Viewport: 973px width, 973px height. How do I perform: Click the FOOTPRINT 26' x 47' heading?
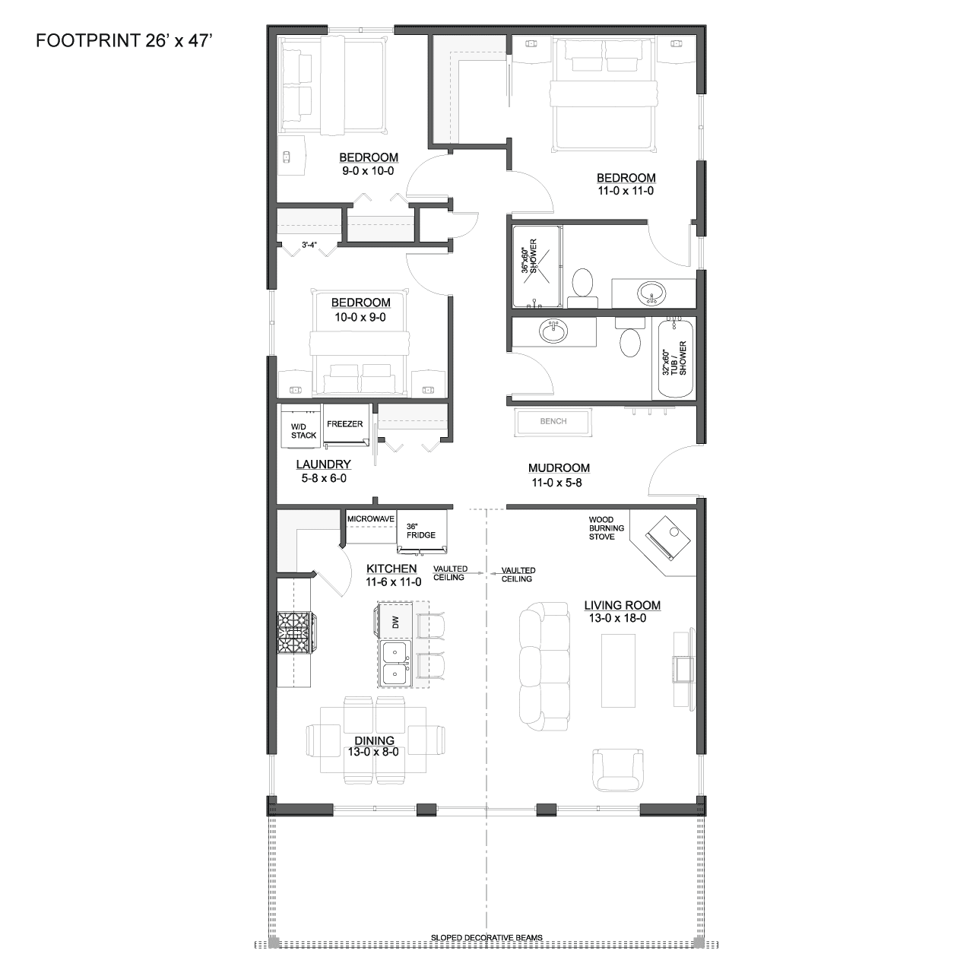(x=124, y=40)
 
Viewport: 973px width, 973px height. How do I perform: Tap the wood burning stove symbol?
(x=667, y=537)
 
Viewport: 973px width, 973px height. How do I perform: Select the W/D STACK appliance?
(x=301, y=426)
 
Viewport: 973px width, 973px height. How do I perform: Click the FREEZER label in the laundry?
(x=345, y=424)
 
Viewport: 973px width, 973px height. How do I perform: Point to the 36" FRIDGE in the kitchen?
(x=422, y=531)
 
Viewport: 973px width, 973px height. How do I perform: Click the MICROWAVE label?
(x=371, y=518)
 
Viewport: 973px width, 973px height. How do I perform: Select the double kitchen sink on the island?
(x=396, y=664)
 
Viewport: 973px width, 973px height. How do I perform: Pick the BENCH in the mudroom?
(x=553, y=422)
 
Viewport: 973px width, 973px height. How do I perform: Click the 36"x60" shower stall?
(x=536, y=266)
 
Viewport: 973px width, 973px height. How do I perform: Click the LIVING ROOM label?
(x=622, y=605)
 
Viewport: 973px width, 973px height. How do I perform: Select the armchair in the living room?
(x=618, y=769)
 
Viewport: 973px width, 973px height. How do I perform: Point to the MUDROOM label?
(x=559, y=468)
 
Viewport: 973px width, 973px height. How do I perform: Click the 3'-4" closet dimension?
(x=309, y=245)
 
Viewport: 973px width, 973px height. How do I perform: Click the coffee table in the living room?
(x=618, y=670)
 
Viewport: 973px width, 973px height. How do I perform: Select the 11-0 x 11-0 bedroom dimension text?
(x=626, y=191)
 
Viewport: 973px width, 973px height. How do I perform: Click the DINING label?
(x=374, y=740)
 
